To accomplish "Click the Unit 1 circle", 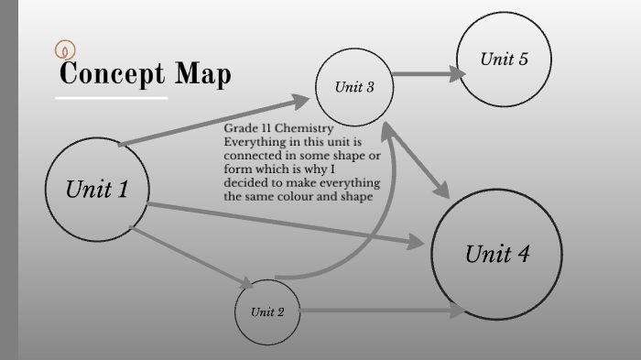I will pyautogui.click(x=96, y=190).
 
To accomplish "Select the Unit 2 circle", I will pyautogui.click(x=267, y=311).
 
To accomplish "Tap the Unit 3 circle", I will pyautogui.click(x=354, y=87).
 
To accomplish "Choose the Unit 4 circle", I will pyautogui.click(x=496, y=253).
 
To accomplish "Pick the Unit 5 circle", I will pyautogui.click(x=504, y=60).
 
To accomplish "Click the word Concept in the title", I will pyautogui.click(x=114, y=73).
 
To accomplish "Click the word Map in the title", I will pyautogui.click(x=204, y=73).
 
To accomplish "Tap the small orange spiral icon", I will pyautogui.click(x=65, y=50).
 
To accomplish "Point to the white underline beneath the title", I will pyautogui.click(x=112, y=96).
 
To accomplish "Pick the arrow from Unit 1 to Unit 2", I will pyautogui.click(x=192, y=258).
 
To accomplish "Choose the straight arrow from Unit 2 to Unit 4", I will pyautogui.click(x=380, y=311).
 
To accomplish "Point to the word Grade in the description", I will pyautogui.click(x=240, y=129).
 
